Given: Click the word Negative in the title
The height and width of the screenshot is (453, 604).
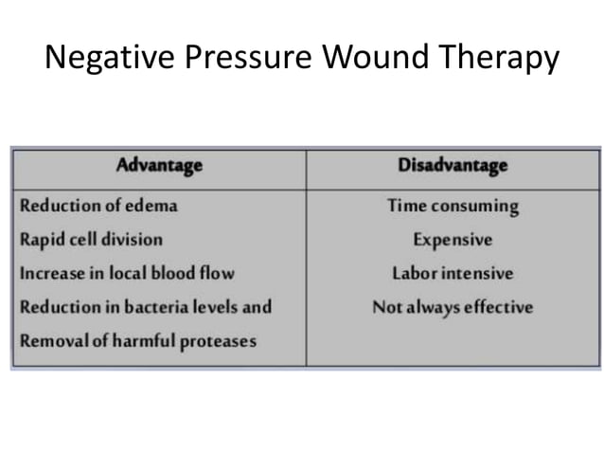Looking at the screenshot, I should (101, 59).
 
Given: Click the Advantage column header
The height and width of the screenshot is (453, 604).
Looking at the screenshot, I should (159, 166).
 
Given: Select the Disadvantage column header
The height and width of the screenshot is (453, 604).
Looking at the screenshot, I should (453, 166).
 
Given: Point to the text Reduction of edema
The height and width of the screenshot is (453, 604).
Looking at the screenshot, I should (98, 205).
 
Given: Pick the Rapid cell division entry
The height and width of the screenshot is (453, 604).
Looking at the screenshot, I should (91, 239).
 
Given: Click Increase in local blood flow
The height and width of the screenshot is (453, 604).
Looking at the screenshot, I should (127, 273).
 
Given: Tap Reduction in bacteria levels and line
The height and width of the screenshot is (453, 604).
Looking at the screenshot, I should (146, 306).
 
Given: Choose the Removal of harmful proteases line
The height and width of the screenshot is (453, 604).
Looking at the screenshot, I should (138, 340).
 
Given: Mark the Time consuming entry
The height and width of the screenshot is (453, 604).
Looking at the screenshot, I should (453, 205).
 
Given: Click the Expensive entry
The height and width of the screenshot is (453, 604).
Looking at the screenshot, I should (453, 239).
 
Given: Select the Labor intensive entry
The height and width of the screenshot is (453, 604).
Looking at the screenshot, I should (453, 273).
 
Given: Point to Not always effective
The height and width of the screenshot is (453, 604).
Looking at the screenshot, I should (453, 306).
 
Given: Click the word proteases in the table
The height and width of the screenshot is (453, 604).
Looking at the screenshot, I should (221, 340).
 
